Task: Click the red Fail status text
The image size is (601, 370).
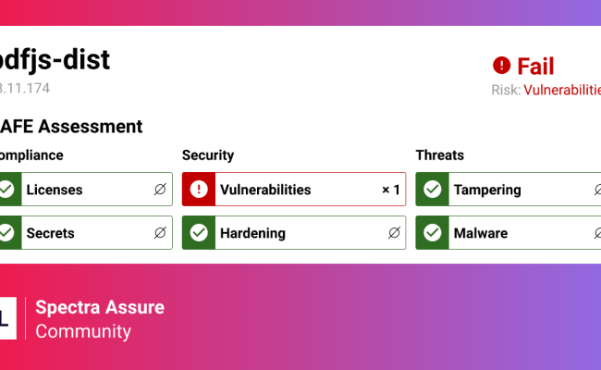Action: (x=535, y=67)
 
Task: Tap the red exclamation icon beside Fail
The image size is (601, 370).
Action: (x=501, y=66)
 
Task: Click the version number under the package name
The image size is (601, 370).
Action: (x=25, y=89)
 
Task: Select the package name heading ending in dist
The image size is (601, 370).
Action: (x=55, y=59)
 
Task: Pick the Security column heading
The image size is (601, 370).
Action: (x=208, y=155)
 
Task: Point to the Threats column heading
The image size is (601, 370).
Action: (x=440, y=155)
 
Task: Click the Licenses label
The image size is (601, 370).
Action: (x=55, y=190)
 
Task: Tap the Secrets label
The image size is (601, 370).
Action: (x=51, y=233)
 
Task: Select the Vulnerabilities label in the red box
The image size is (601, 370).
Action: (x=265, y=190)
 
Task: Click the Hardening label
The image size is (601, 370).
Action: (x=252, y=233)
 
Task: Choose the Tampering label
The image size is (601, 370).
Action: (x=487, y=190)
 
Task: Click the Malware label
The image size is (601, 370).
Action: (x=481, y=233)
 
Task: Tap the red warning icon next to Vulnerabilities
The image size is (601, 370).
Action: (x=198, y=190)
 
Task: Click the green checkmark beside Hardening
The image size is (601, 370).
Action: (x=198, y=233)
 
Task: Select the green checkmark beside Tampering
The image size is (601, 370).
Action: (x=431, y=190)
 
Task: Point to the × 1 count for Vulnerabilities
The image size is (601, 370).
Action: (x=391, y=190)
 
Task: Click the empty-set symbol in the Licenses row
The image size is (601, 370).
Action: (x=161, y=190)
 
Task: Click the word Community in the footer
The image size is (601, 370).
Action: (x=83, y=331)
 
